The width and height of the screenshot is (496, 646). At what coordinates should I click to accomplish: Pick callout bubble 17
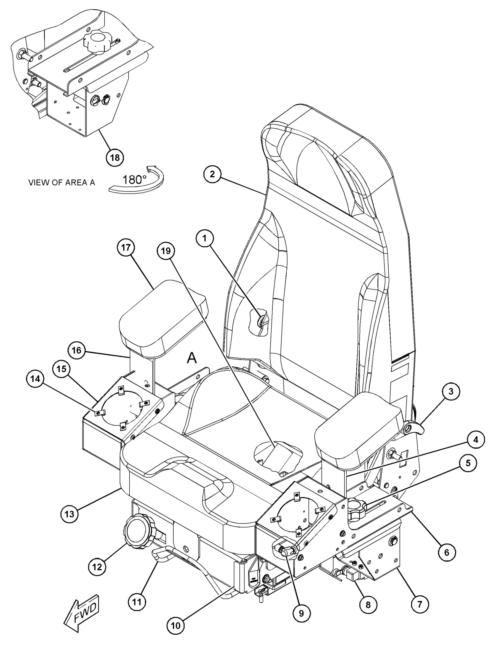point(126,247)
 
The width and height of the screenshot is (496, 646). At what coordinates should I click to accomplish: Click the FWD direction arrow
point(82,612)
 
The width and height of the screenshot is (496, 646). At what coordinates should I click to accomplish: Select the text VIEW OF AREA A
point(62,182)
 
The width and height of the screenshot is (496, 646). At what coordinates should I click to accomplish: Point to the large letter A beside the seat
point(192,358)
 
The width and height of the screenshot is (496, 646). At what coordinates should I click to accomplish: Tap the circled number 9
point(301,611)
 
